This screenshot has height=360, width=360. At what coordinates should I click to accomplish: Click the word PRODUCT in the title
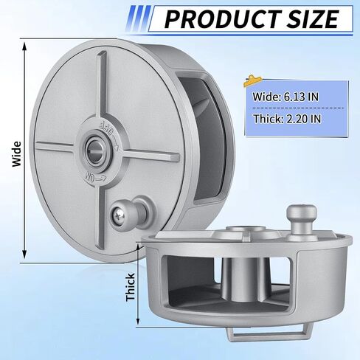[x=222, y=19]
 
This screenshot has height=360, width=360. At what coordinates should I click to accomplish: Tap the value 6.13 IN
[x=301, y=97]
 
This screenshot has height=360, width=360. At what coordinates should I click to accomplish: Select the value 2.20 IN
[x=304, y=119]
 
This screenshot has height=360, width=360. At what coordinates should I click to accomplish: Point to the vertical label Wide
[x=17, y=154]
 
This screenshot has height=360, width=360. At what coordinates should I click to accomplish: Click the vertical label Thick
[x=131, y=287]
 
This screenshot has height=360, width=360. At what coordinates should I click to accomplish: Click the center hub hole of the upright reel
[x=95, y=150]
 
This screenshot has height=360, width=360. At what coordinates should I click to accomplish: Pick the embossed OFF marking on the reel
[x=108, y=134]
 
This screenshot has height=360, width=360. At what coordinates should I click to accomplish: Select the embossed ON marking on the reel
[x=95, y=176]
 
